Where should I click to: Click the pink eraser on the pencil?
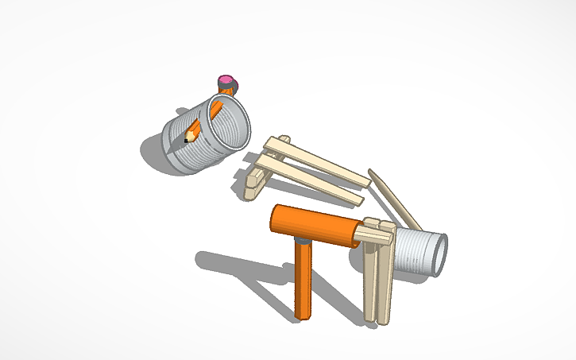[x=226, y=80]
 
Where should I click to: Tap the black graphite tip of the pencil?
[x=186, y=141]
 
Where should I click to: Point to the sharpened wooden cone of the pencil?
[x=190, y=136]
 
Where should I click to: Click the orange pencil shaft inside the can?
[x=203, y=120]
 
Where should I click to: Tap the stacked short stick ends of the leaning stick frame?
[x=254, y=179]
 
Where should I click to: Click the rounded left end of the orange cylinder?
[x=277, y=218]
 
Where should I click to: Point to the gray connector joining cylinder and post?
[x=302, y=238]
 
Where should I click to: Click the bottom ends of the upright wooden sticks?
[x=378, y=318]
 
